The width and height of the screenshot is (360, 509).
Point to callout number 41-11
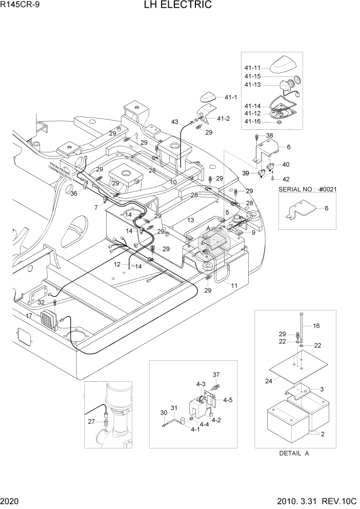tap(253, 68)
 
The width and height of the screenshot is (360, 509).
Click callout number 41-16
tap(253, 121)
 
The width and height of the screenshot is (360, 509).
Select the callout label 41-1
tap(231, 97)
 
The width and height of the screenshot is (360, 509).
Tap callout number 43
tap(175, 122)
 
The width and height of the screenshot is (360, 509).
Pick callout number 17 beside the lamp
tap(29, 316)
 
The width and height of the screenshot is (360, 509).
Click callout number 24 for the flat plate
tap(268, 381)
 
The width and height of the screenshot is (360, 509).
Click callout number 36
tap(74, 193)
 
